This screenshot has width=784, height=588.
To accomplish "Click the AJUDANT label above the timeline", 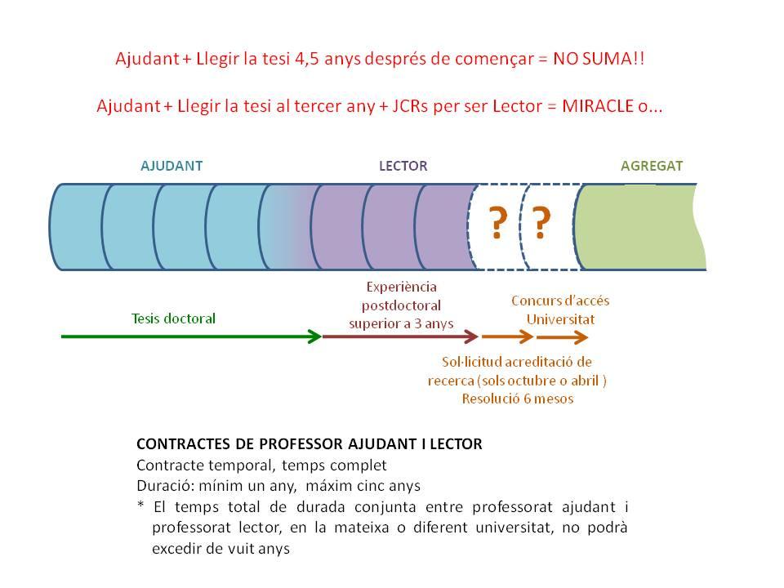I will [171, 166].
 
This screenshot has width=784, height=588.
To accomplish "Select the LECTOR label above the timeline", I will [403, 166].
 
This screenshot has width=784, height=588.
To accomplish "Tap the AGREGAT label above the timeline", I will [652, 166].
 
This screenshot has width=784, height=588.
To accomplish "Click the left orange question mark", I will [496, 223].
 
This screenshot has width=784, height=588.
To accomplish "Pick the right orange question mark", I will [541, 223].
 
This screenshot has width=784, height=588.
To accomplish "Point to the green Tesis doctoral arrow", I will [191, 336].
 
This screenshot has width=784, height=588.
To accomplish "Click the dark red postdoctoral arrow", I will [400, 336].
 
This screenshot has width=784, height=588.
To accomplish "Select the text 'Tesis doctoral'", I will [173, 318].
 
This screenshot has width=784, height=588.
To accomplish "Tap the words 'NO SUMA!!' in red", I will [599, 60].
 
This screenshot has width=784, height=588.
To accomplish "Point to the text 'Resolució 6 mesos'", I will [517, 399].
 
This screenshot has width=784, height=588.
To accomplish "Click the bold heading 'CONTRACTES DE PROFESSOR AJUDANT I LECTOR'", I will [309, 445].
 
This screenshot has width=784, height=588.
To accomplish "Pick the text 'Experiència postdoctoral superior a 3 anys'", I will [401, 305].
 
